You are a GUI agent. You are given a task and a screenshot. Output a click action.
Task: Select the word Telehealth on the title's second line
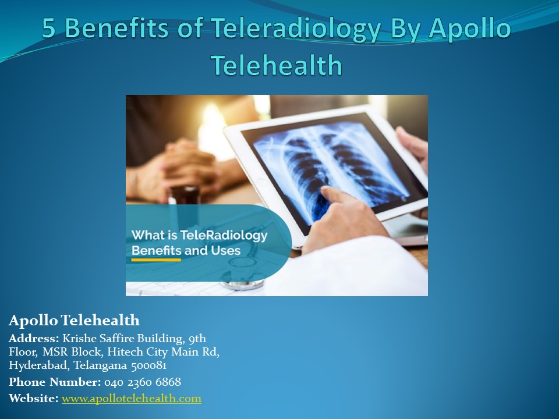277,65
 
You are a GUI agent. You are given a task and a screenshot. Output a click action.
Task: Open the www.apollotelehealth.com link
132,399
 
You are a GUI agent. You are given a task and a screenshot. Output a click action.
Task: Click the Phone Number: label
55,382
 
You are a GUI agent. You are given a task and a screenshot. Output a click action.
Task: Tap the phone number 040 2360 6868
143,382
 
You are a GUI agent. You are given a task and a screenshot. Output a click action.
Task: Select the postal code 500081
148,365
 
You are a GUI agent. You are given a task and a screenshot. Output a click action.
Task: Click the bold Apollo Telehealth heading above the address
74,320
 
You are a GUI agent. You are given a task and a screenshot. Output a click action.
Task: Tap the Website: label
33,399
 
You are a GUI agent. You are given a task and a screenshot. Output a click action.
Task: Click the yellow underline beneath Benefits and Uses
156,260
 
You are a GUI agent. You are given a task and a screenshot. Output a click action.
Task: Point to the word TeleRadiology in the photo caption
232,236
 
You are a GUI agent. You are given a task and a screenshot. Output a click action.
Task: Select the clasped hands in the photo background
181,169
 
